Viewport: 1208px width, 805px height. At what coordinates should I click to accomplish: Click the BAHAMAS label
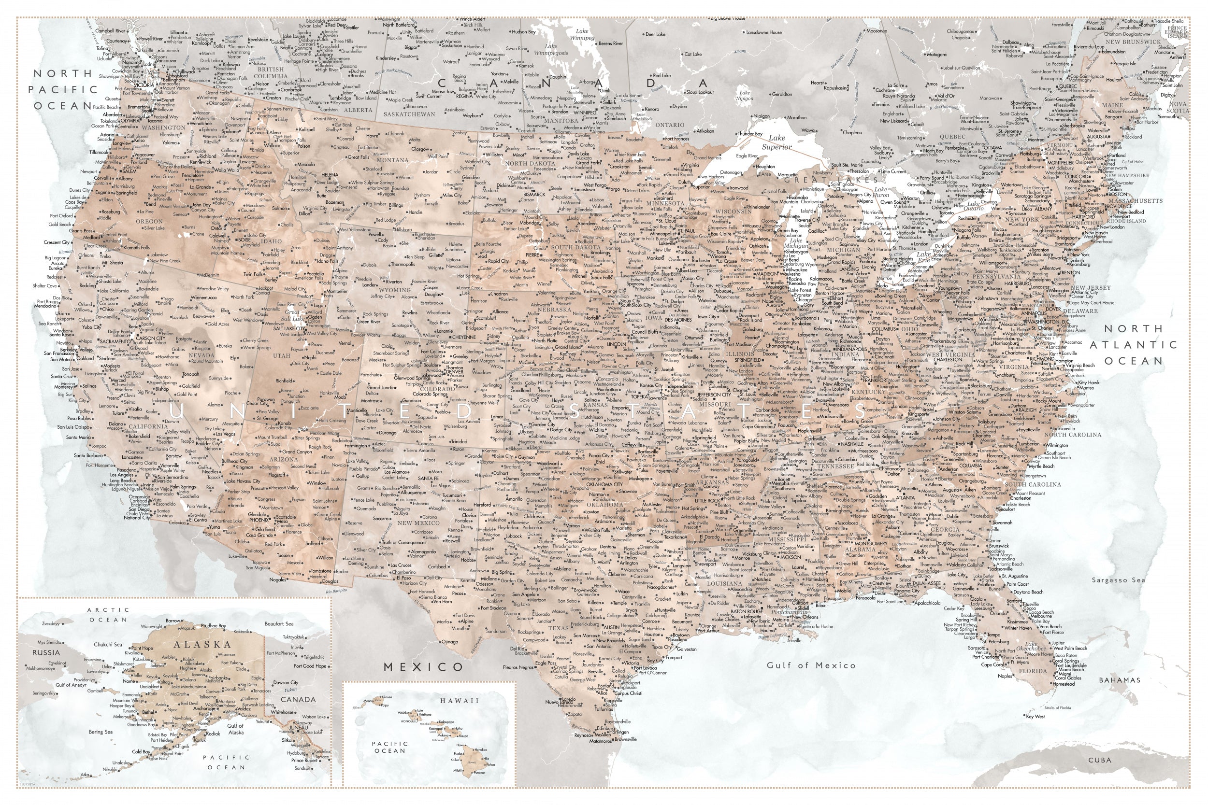tap(1120, 680)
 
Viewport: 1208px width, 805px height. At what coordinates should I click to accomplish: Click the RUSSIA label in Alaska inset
tap(46, 653)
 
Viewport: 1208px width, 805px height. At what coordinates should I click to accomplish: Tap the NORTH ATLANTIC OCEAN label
tap(1133, 344)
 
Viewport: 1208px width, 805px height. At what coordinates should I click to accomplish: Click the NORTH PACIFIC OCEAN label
tap(63, 89)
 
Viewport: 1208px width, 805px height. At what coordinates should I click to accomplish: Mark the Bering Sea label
tap(100, 732)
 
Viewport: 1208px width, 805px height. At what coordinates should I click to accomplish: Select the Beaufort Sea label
tap(279, 624)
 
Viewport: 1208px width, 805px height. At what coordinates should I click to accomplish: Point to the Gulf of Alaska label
tap(236, 729)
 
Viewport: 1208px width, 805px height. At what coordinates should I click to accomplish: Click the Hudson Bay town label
tap(523, 32)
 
